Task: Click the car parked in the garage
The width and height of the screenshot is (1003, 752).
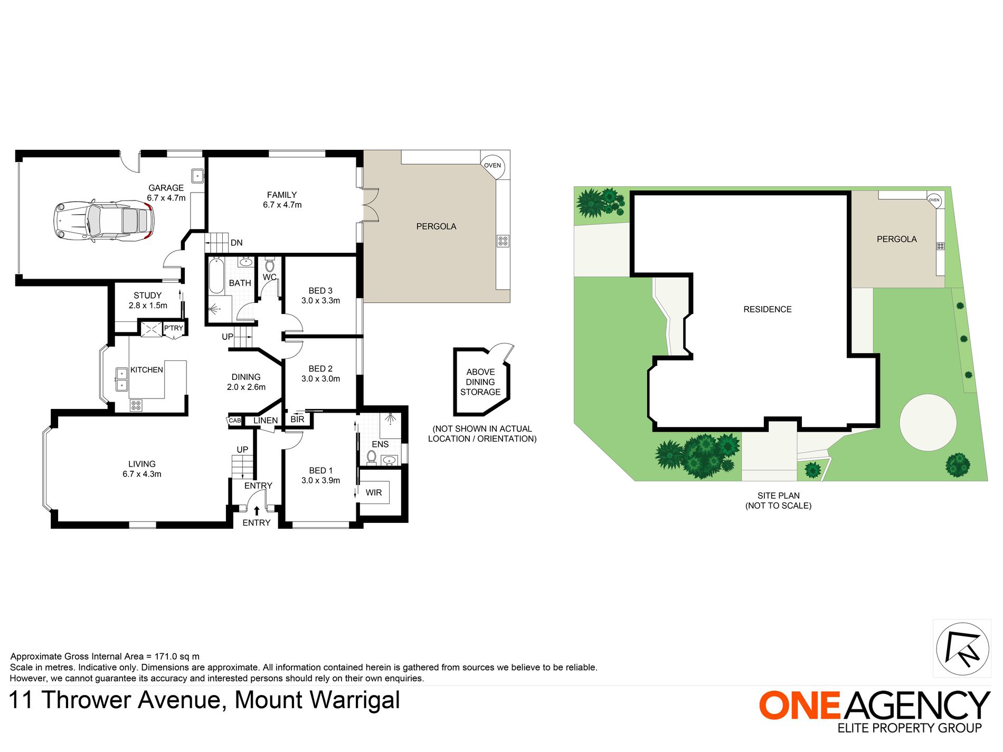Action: pyautogui.click(x=103, y=221)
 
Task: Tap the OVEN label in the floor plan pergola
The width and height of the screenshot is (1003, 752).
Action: pyautogui.click(x=493, y=166)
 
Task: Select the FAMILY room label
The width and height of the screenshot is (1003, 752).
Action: pyautogui.click(x=282, y=195)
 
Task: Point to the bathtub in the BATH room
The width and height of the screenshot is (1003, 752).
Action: pyautogui.click(x=216, y=275)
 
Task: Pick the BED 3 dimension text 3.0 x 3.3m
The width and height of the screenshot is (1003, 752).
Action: pyautogui.click(x=320, y=301)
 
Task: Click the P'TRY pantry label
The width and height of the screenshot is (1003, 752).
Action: pyautogui.click(x=173, y=328)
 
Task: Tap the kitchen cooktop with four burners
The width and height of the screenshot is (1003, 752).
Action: pyautogui.click(x=136, y=405)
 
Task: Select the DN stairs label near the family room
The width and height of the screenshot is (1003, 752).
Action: pyautogui.click(x=236, y=243)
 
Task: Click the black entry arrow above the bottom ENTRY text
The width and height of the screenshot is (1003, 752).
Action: pyautogui.click(x=257, y=510)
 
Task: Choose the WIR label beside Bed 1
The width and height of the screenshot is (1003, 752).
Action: pyautogui.click(x=374, y=492)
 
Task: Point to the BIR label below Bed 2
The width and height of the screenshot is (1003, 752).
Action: pyautogui.click(x=297, y=419)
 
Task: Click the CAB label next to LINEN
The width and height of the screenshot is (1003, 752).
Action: pyautogui.click(x=235, y=421)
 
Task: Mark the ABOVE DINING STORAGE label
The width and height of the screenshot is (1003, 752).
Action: pyautogui.click(x=480, y=382)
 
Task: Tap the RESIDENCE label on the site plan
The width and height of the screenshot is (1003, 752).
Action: pyautogui.click(x=767, y=309)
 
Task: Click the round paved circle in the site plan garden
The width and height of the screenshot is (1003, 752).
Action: pyautogui.click(x=928, y=423)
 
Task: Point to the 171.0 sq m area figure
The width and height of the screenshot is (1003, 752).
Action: pyautogui.click(x=177, y=656)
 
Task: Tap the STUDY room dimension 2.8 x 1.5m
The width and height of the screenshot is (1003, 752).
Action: pyautogui.click(x=148, y=306)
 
